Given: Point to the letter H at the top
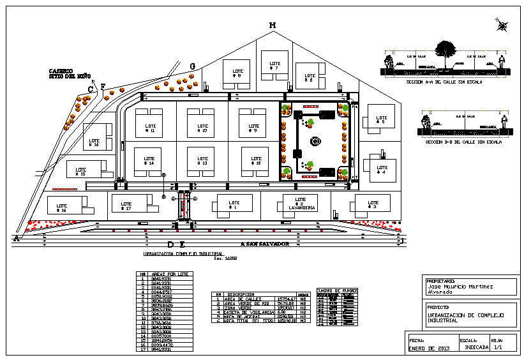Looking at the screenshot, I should coord(272,26).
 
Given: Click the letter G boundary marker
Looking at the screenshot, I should coord(192,66).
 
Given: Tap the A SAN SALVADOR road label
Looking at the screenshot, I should coord(265,244).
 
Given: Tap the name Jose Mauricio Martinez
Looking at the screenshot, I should coord(460,287).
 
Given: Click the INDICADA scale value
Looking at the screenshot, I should coord(477,348).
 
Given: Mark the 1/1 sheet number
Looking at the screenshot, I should coord(498,348).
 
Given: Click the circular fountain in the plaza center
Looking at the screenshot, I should coord(314,142).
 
